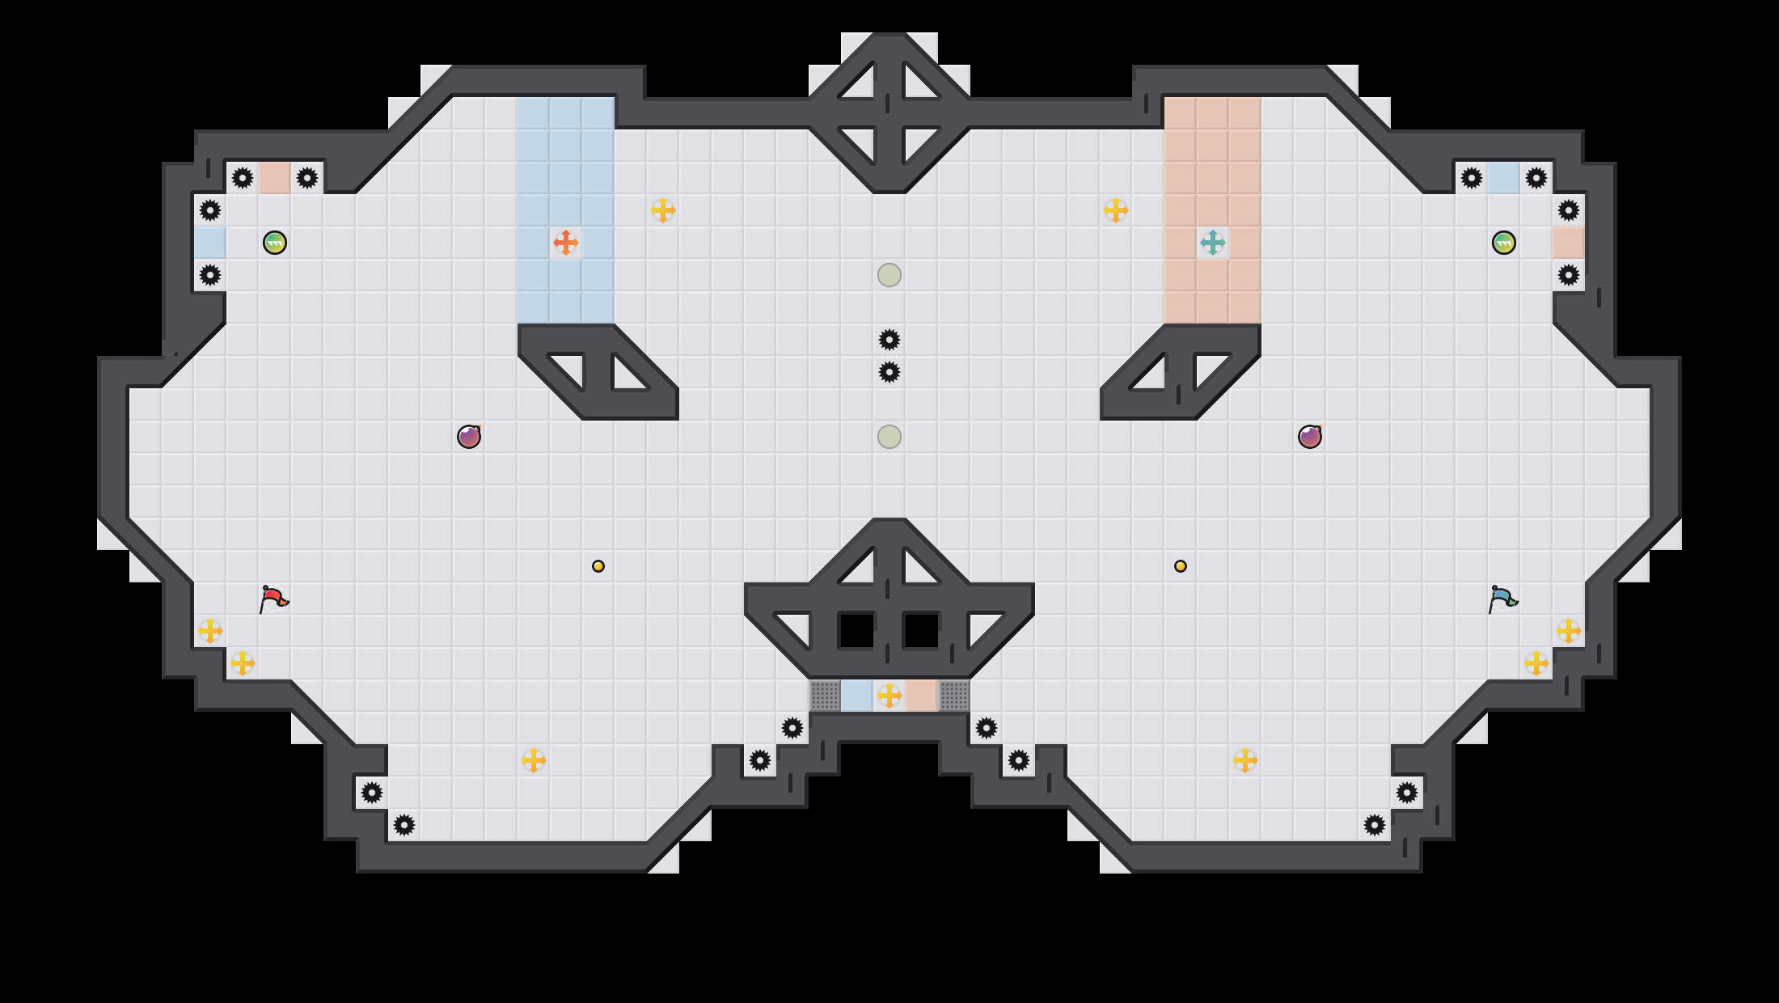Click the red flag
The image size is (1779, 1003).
(273, 599)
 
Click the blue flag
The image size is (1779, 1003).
(1502, 599)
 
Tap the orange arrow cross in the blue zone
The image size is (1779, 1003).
(565, 242)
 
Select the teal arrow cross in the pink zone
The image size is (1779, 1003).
(1212, 242)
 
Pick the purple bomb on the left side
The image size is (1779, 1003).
(469, 437)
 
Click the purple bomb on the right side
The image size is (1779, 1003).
(1310, 437)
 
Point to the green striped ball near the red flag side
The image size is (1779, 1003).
(275, 243)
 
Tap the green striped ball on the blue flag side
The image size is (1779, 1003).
(1504, 243)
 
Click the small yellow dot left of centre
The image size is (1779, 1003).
(598, 566)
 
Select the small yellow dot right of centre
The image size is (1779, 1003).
(1181, 566)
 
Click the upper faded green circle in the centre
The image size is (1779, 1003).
(889, 275)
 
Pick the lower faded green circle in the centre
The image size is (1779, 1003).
(889, 437)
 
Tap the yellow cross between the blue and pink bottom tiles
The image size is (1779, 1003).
(889, 696)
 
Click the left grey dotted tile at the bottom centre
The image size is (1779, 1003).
(825, 696)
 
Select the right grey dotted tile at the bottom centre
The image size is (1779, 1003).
(954, 696)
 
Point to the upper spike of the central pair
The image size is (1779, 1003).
(889, 340)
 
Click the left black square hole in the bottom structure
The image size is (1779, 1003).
(857, 631)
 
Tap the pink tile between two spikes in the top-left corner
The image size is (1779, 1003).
(275, 178)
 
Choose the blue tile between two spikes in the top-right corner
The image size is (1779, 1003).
(1504, 178)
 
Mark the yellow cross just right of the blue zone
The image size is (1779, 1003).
(663, 210)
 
